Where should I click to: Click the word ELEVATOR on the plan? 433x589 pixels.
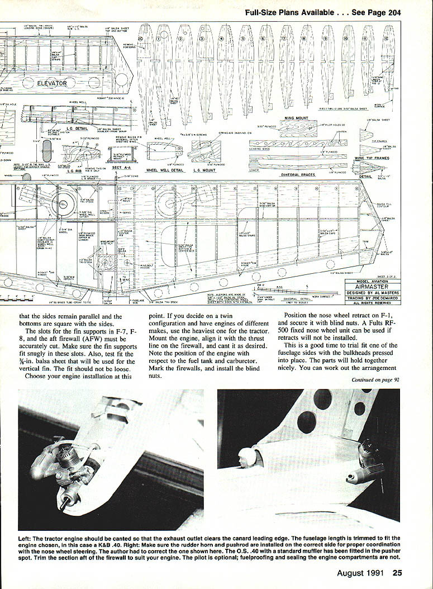[x=52, y=84]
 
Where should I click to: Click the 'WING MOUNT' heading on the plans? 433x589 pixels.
[x=298, y=118]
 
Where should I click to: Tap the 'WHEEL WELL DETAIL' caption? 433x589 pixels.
[x=164, y=169]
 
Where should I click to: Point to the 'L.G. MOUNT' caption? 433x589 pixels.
[x=204, y=169]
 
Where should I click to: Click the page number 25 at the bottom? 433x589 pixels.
[x=397, y=572]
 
